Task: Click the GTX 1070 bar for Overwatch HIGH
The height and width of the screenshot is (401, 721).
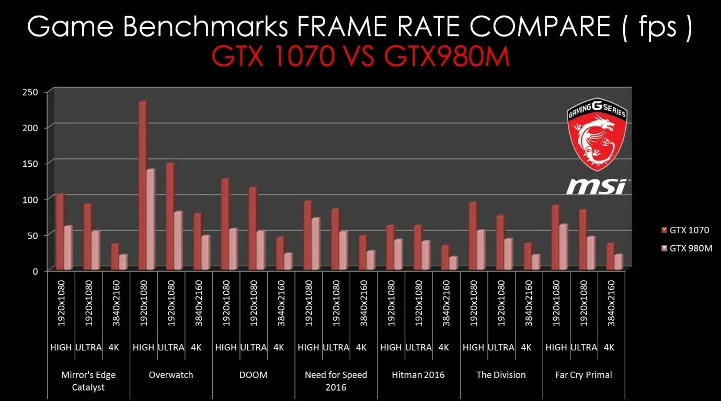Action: click(142, 186)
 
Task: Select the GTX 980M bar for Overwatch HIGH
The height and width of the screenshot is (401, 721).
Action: click(151, 220)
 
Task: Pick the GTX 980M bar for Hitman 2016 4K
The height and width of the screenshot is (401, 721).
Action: click(453, 263)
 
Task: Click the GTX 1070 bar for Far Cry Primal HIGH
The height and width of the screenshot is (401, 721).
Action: click(555, 237)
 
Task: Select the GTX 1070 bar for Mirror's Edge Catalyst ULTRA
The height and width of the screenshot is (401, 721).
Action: click(87, 237)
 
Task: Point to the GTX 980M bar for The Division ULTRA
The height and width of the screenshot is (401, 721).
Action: click(508, 254)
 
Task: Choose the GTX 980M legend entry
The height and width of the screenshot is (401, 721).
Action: click(686, 248)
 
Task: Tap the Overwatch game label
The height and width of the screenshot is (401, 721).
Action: click(170, 375)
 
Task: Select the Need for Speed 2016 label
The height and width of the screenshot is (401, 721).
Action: click(336, 381)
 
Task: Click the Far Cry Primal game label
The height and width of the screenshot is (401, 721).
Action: click(583, 375)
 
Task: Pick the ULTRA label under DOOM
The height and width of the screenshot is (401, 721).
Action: click(253, 347)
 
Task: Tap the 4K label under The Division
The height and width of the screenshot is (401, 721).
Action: click(526, 347)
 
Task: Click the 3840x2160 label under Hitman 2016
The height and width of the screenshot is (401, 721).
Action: click(446, 303)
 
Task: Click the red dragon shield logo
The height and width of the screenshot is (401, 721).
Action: click(596, 134)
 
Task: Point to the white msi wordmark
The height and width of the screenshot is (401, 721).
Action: click(597, 186)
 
